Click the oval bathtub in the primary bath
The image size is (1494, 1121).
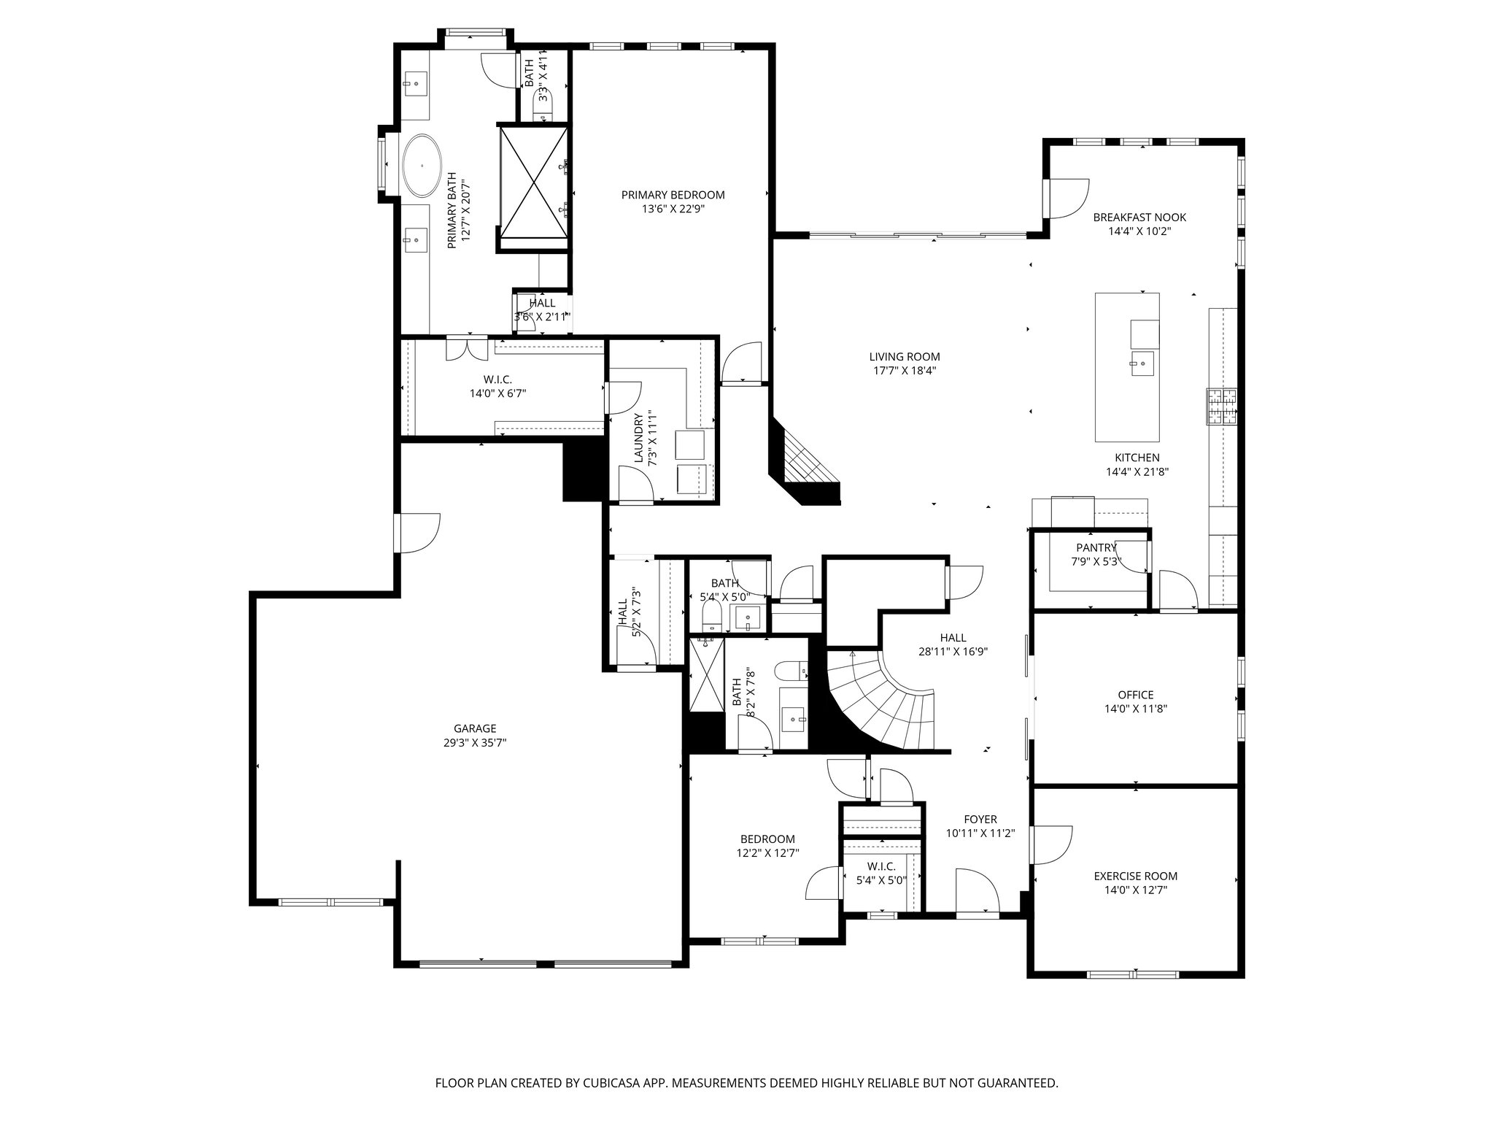(x=422, y=166)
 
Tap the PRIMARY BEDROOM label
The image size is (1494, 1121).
(x=673, y=195)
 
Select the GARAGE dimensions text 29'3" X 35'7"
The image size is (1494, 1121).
(x=475, y=743)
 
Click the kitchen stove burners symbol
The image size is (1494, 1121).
(x=1222, y=407)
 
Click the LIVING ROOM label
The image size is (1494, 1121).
(x=904, y=357)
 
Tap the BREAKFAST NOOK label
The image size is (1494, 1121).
(x=1139, y=217)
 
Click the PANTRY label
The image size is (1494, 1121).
(x=1096, y=548)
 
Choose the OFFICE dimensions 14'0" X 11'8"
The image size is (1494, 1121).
(x=1136, y=709)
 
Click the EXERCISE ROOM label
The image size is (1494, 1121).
(x=1135, y=877)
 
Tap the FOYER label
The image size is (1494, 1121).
(x=980, y=820)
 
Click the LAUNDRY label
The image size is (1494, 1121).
(x=639, y=438)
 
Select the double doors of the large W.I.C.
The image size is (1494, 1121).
(x=467, y=349)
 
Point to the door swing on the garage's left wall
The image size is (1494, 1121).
(x=418, y=533)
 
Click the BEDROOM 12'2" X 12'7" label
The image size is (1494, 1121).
(x=767, y=839)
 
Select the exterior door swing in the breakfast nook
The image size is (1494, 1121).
(x=1067, y=199)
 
